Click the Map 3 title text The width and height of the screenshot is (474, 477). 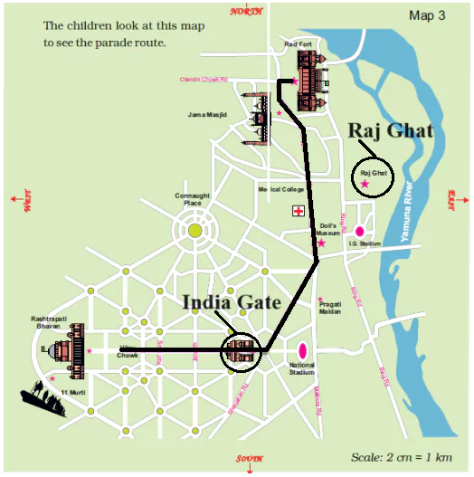pyautogui.click(x=430, y=15)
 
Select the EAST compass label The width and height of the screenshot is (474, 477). pyautogui.click(x=452, y=196)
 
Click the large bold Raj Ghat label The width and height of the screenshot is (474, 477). pyautogui.click(x=390, y=130)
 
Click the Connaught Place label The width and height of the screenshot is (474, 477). pyautogui.click(x=192, y=199)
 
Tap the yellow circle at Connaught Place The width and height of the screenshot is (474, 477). pyautogui.click(x=195, y=232)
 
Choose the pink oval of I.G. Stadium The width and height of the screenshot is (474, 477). pyautogui.click(x=359, y=231)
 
